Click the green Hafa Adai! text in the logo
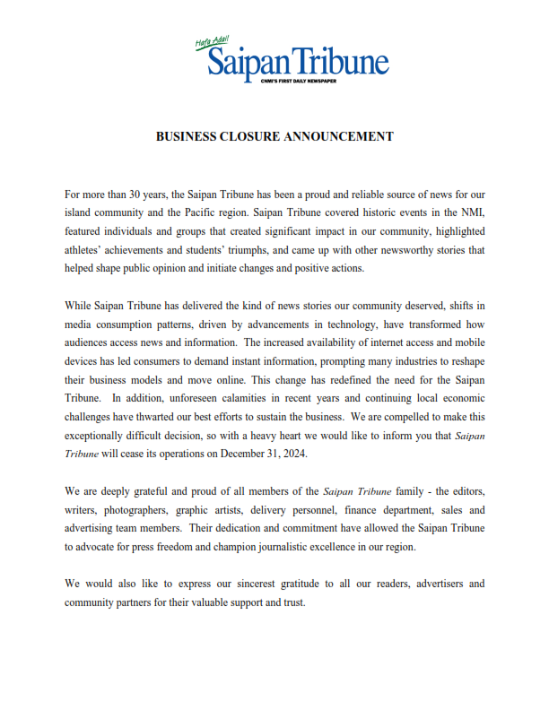[213, 41]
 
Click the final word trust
[292, 601]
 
